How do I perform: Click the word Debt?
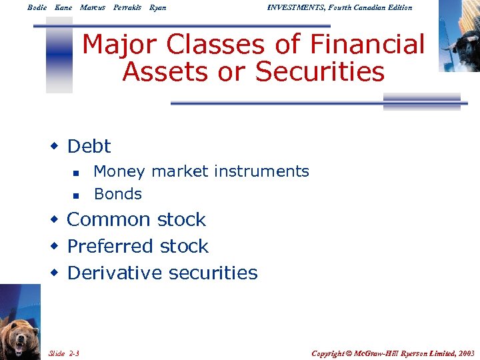89,146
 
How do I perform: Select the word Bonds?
118,194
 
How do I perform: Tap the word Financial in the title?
357,45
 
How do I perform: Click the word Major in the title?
122,45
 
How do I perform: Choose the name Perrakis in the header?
127,7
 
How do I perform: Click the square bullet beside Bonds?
76,195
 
